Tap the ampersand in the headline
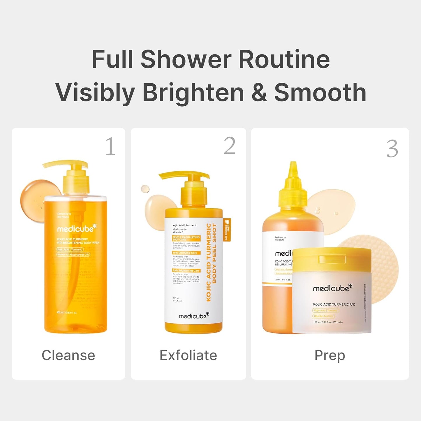(x=259, y=93)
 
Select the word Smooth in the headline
(x=320, y=93)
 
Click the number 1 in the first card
(x=110, y=146)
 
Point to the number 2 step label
(x=229, y=146)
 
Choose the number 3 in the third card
(x=392, y=149)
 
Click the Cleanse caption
(x=68, y=355)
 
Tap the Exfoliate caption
(x=188, y=355)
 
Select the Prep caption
(x=330, y=355)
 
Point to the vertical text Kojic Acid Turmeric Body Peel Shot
(x=211, y=262)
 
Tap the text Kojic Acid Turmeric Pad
(x=334, y=304)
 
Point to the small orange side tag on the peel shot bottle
(x=227, y=230)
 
